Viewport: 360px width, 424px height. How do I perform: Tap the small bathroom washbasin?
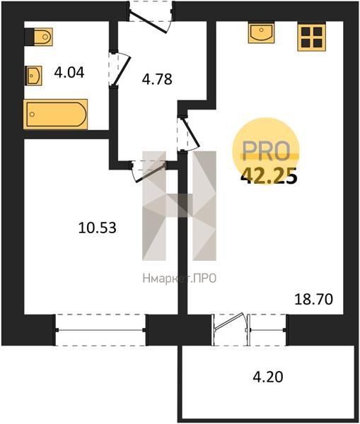point(33,76)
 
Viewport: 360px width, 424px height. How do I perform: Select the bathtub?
point(55,114)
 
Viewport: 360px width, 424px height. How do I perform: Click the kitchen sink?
point(261,33)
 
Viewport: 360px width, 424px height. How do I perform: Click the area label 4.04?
point(69,73)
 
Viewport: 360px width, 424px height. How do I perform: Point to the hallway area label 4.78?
point(157,79)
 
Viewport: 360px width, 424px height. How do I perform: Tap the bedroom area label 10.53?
point(98,228)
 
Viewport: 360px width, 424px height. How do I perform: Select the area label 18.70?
point(313,300)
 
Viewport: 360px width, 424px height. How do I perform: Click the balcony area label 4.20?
point(268,377)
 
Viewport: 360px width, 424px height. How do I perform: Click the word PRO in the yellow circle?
point(267,151)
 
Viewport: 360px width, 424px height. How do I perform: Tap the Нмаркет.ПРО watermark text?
point(180,278)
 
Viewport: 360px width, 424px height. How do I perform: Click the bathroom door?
point(120,69)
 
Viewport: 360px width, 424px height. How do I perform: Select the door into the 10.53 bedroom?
point(149,171)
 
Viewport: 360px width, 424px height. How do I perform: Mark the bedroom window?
point(100,330)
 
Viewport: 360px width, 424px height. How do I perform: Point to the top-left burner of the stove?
point(306,32)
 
